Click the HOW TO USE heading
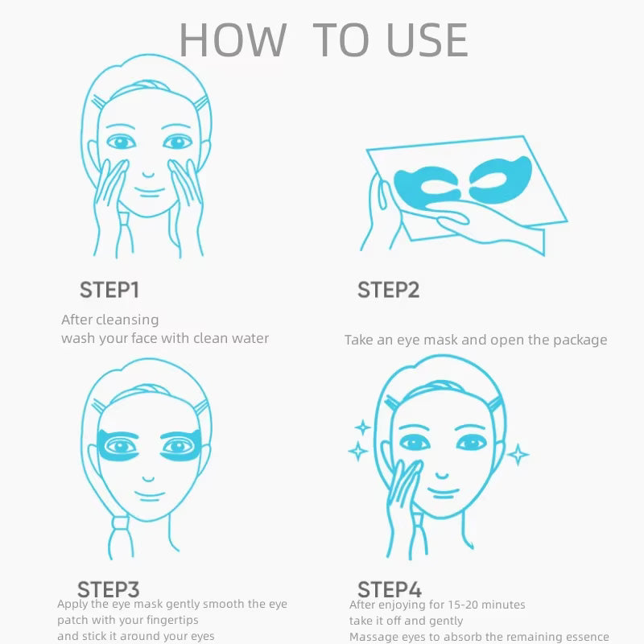(x=322, y=39)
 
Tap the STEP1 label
(x=109, y=291)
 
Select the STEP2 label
(x=388, y=291)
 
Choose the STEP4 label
(x=390, y=589)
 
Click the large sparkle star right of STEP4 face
(x=519, y=455)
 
